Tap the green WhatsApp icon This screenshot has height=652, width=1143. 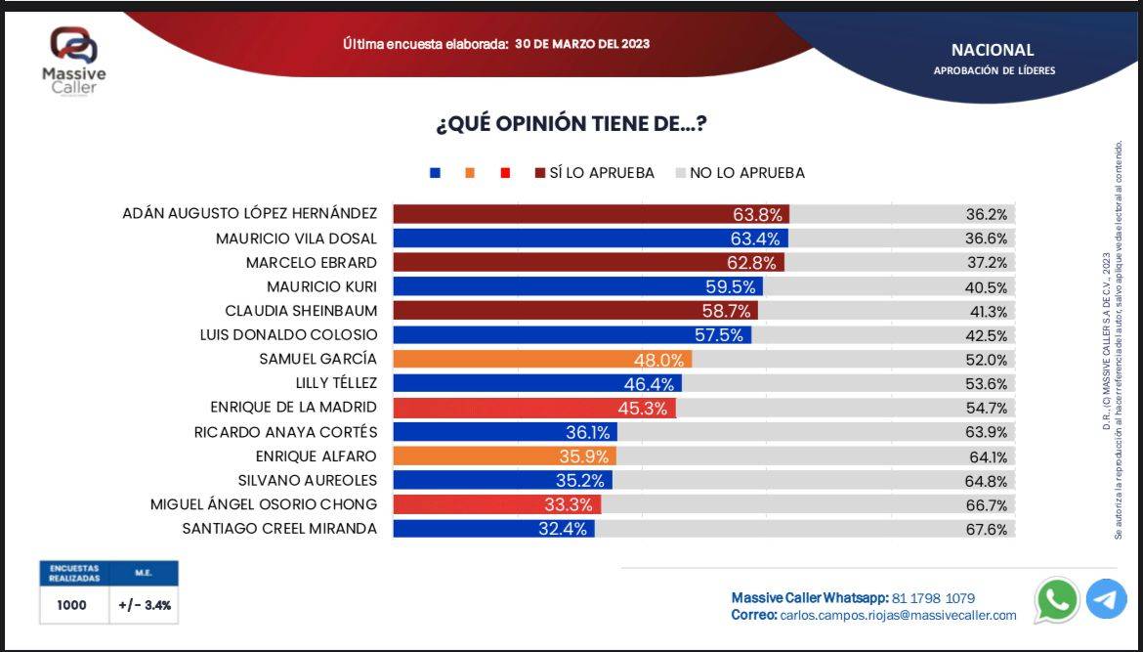(x=1057, y=599)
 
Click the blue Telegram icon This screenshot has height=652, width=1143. (x=1106, y=599)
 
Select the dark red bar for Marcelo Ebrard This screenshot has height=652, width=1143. (x=587, y=262)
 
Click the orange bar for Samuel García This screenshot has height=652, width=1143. (x=541, y=359)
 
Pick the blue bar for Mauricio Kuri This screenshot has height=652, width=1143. (x=576, y=286)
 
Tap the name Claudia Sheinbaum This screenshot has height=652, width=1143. (x=301, y=311)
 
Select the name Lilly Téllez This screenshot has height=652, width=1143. (x=336, y=383)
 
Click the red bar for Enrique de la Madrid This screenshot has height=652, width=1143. (x=533, y=408)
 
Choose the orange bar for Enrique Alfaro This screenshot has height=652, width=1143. (x=504, y=456)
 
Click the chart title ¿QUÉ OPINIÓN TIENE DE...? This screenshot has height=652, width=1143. (x=571, y=125)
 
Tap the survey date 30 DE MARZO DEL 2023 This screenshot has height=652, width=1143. (x=582, y=44)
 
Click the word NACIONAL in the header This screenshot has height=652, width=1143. (x=993, y=50)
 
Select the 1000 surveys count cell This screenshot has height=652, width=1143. (x=71, y=605)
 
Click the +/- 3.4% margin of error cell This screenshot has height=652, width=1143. (x=145, y=605)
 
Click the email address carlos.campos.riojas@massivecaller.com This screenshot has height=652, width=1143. (x=898, y=616)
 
